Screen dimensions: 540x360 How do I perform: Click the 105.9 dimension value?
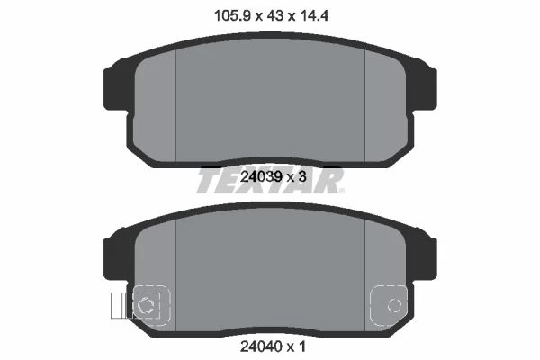pos(232,15)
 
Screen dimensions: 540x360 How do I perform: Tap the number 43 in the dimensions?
pos(274,15)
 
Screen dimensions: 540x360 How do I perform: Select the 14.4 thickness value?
pos(314,15)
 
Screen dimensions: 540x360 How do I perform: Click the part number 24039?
pos(260,177)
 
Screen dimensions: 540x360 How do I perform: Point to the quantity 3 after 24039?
pos(302,177)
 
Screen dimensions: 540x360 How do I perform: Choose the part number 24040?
pos(260,346)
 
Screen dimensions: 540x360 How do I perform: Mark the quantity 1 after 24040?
pos(302,346)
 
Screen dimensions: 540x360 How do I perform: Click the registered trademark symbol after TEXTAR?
pos(341,191)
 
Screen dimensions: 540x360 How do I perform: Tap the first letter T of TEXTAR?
pos(207,180)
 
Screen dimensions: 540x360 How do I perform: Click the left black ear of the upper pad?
pos(115,89)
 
